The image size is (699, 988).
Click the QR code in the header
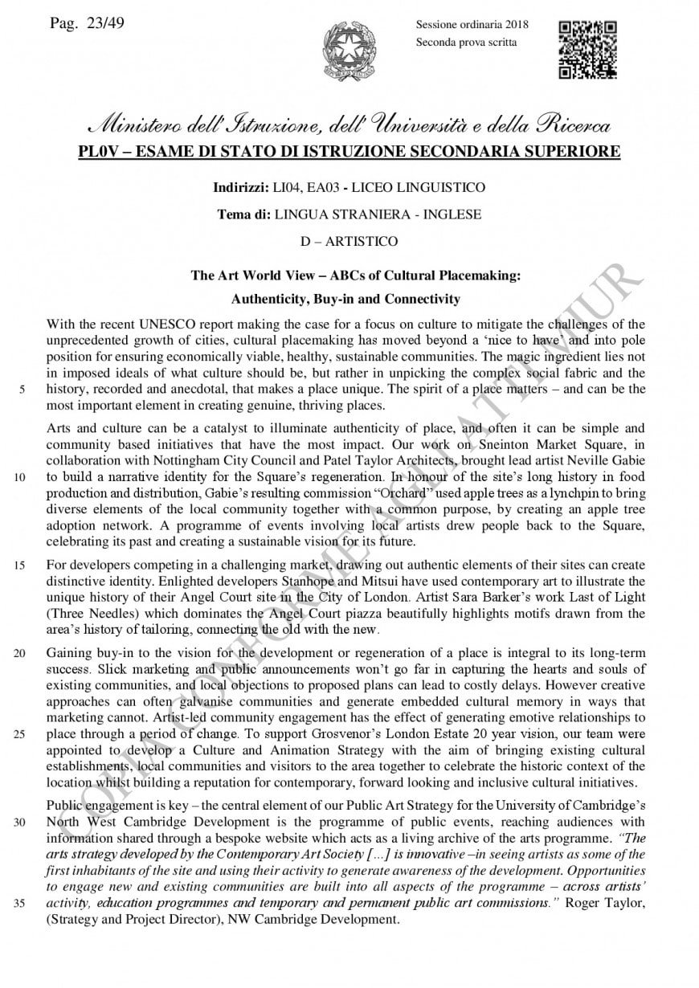point(587,51)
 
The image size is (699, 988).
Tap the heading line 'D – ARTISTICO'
point(349,241)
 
